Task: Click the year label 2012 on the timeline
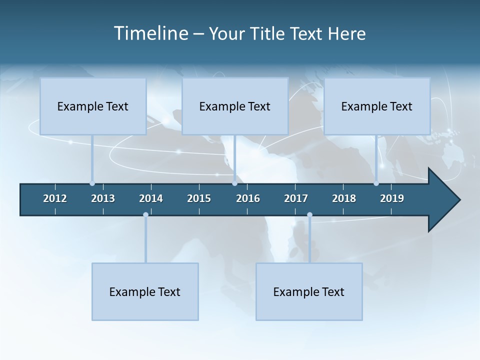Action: click(55, 198)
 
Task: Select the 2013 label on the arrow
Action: click(103, 198)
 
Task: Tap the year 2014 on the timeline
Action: click(151, 198)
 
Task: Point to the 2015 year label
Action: click(199, 198)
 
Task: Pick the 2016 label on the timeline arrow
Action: click(248, 198)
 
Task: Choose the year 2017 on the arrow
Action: click(296, 198)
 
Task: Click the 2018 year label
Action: click(344, 198)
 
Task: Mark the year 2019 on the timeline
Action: click(392, 198)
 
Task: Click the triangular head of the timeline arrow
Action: click(443, 199)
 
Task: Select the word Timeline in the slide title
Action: click(150, 33)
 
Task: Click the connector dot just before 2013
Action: click(92, 183)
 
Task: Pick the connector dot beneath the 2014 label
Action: click(145, 215)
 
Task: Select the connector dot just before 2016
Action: click(234, 183)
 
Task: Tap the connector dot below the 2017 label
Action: click(309, 215)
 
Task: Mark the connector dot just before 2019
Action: click(376, 183)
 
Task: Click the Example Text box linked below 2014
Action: click(145, 291)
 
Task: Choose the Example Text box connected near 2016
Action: click(235, 106)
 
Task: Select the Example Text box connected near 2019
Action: click(377, 106)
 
